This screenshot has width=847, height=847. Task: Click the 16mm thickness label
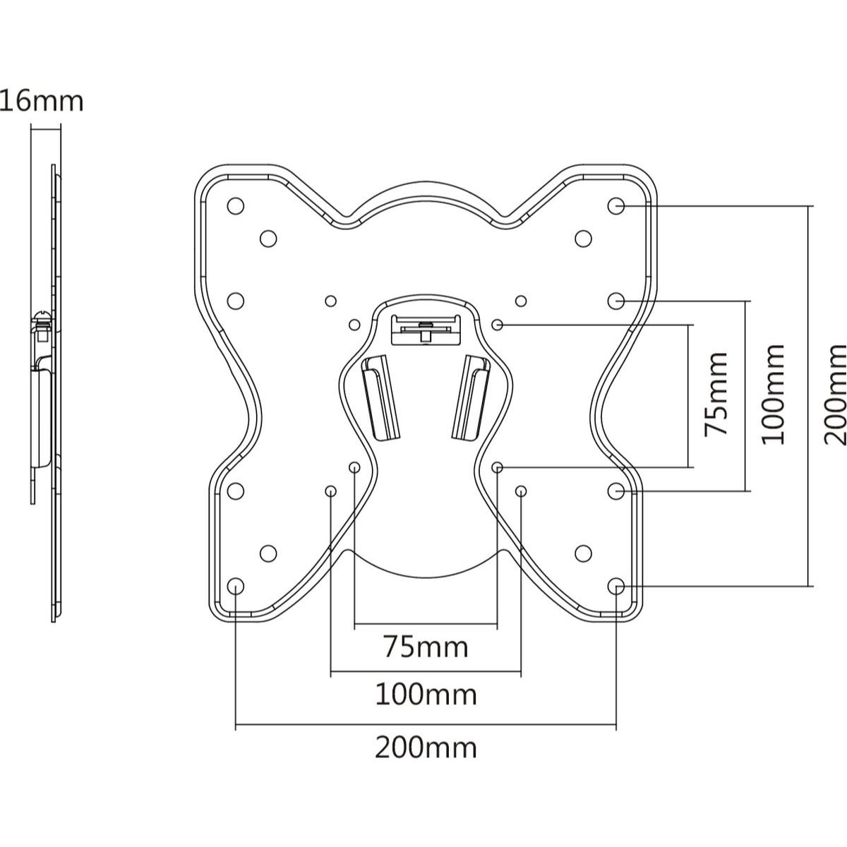tap(42, 102)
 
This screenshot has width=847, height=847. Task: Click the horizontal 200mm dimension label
tap(426, 748)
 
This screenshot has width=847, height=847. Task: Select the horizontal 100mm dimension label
tap(426, 695)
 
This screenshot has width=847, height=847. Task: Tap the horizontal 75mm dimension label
tap(426, 647)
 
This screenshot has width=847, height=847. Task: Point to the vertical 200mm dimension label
tap(834, 395)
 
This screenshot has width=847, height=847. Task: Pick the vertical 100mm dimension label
tap(773, 395)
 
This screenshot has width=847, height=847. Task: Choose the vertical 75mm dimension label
tap(716, 395)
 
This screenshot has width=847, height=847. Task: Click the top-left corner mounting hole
tap(236, 205)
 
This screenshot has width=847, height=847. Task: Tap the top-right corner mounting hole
tap(615, 205)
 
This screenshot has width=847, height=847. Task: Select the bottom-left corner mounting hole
tap(236, 586)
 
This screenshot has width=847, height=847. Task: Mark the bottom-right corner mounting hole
tap(615, 586)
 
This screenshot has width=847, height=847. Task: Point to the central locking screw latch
tap(426, 329)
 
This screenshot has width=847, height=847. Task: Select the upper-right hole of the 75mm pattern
tap(497, 325)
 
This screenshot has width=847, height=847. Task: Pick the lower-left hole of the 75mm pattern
tap(354, 467)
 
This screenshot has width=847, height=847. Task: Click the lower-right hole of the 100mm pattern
tap(521, 491)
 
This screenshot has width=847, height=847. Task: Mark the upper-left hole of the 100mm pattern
tap(330, 301)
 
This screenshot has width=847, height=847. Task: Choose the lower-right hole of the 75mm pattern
tap(497, 467)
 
